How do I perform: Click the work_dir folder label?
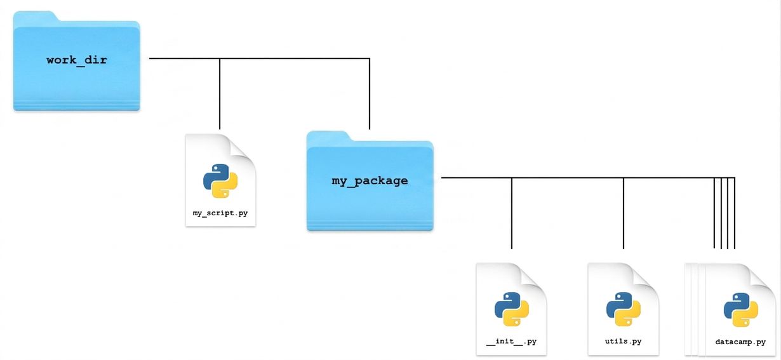tap(77, 60)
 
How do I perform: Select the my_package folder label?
tap(370, 180)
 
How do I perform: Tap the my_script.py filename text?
tap(220, 213)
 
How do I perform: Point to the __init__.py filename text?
tap(512, 341)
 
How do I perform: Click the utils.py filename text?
tap(624, 341)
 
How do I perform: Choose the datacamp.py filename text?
tap(740, 342)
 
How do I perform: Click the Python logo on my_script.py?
tap(220, 181)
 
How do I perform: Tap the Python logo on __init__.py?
tap(512, 309)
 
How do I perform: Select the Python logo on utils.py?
tap(624, 309)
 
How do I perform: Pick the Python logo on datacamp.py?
tap(741, 310)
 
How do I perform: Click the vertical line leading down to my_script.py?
tap(220, 94)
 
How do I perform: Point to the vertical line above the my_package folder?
tap(370, 94)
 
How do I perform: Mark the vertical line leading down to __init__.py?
tap(512, 213)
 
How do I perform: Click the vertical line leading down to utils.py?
tap(624, 213)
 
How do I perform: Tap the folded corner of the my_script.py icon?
tap(243, 147)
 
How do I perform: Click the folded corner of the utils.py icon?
tap(646, 276)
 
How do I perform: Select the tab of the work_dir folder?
tap(35, 17)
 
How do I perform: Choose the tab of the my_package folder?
tap(328, 137)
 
